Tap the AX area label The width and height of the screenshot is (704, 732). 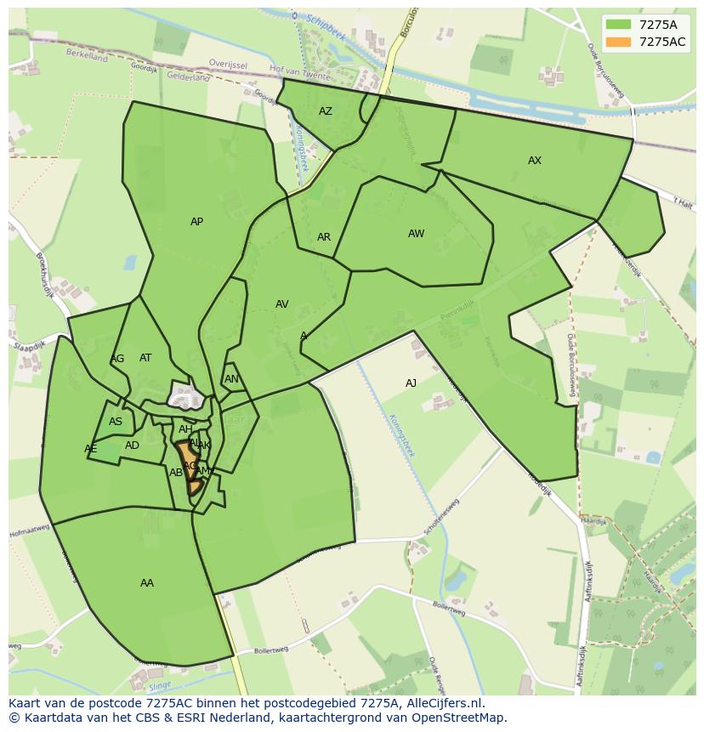[535, 161]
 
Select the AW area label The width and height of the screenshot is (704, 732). [416, 234]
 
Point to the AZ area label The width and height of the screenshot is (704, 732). [326, 111]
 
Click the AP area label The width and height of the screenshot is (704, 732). [196, 222]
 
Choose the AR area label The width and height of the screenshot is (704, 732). [324, 237]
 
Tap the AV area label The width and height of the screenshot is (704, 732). [282, 304]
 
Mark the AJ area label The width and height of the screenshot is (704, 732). [411, 383]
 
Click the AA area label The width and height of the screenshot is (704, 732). [147, 583]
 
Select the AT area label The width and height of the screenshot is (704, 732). [145, 358]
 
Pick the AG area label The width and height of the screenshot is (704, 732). [117, 359]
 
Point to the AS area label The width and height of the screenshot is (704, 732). [116, 422]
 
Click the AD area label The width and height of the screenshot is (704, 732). [132, 445]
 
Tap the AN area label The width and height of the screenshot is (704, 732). [231, 379]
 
